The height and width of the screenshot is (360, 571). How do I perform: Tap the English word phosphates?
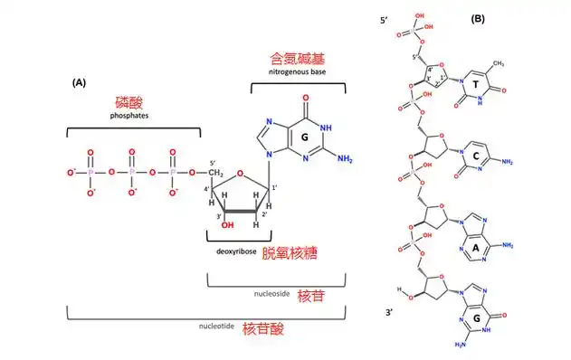pos(128,118)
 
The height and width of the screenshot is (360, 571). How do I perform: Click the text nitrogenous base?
pos(297,71)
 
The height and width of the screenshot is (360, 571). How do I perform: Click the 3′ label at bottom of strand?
pos(390,310)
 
